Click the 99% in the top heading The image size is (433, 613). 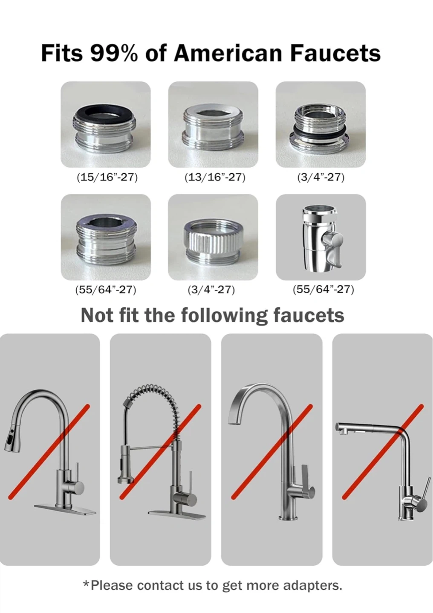click(x=113, y=53)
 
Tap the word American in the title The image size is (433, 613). click(x=228, y=53)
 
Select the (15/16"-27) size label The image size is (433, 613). click(x=107, y=178)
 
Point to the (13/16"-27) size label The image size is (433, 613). click(x=214, y=178)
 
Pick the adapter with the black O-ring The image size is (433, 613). click(x=320, y=126)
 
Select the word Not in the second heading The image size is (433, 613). click(x=97, y=315)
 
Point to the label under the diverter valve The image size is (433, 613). click(x=323, y=289)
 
